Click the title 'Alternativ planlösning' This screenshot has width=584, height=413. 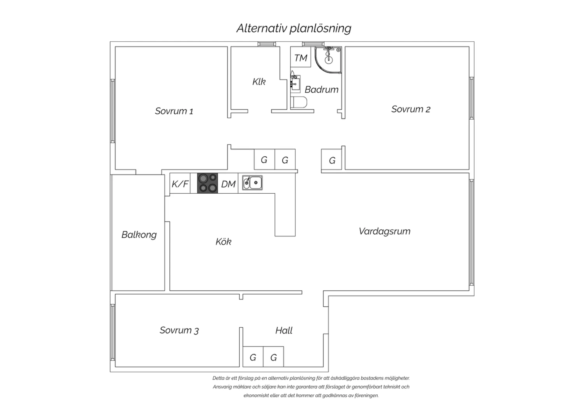click(294, 28)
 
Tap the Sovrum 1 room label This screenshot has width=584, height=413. click(174, 111)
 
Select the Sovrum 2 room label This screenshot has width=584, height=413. click(411, 109)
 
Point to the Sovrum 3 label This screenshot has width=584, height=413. click(179, 330)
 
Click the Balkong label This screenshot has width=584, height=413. click(139, 235)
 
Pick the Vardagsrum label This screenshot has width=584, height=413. click(385, 231)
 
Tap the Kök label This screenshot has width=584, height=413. click(223, 242)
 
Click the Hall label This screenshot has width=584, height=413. click(284, 330)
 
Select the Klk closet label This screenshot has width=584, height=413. click(259, 82)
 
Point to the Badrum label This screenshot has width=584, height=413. click(322, 90)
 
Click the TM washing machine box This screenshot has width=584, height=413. click(301, 57)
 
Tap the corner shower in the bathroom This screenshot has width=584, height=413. click(328, 60)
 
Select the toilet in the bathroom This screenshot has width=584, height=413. click(299, 102)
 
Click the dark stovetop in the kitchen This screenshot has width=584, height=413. click(208, 183)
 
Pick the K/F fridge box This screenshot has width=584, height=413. click(180, 183)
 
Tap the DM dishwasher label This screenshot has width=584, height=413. click(229, 184)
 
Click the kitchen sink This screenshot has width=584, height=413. click(252, 183)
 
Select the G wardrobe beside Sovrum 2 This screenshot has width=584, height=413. click(332, 159)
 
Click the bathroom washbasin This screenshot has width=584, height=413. click(296, 83)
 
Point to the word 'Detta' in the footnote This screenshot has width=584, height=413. click(218, 378)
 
